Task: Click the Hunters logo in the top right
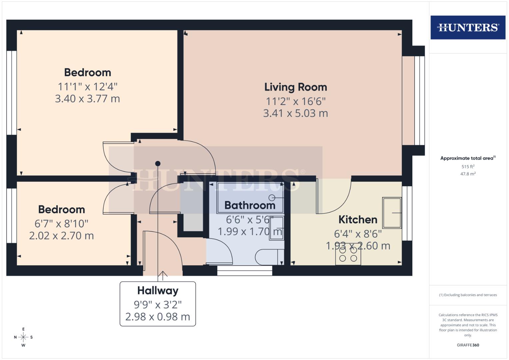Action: point(468,27)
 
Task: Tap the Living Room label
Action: point(296,87)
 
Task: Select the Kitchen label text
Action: point(358,220)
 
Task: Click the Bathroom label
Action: point(250,205)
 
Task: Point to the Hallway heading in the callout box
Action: point(158,291)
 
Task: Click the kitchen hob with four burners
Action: point(348,255)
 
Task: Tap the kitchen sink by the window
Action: point(392,213)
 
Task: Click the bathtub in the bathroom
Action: point(250,198)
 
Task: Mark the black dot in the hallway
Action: point(158,164)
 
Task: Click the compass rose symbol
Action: point(23,337)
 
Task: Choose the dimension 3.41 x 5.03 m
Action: point(296,113)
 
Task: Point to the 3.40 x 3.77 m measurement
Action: point(87,99)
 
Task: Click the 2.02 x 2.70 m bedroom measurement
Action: point(61,236)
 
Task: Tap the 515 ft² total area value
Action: point(468,167)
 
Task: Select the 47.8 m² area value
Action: point(468,174)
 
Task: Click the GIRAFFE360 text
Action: point(468,345)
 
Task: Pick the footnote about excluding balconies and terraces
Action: point(468,295)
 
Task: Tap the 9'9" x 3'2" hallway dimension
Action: point(158,304)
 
